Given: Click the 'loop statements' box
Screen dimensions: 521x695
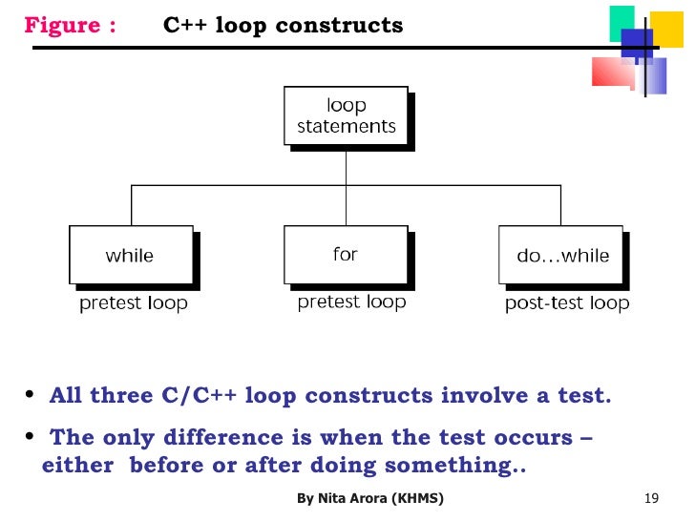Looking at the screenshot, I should [347, 115].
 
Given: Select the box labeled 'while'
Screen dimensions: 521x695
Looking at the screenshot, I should [130, 255].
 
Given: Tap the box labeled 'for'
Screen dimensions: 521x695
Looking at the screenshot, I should [346, 254].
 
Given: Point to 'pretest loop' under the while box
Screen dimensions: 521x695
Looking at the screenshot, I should [133, 304].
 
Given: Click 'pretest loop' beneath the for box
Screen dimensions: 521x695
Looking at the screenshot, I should [351, 302].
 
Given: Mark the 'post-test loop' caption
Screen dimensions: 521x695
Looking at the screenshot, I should [567, 304].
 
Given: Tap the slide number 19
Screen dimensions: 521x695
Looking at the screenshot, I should [653, 499].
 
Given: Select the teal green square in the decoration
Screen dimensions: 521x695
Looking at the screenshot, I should [622, 21].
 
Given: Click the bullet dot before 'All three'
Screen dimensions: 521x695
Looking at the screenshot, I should [30, 394].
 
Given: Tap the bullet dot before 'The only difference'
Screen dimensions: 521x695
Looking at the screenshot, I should [30, 436].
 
